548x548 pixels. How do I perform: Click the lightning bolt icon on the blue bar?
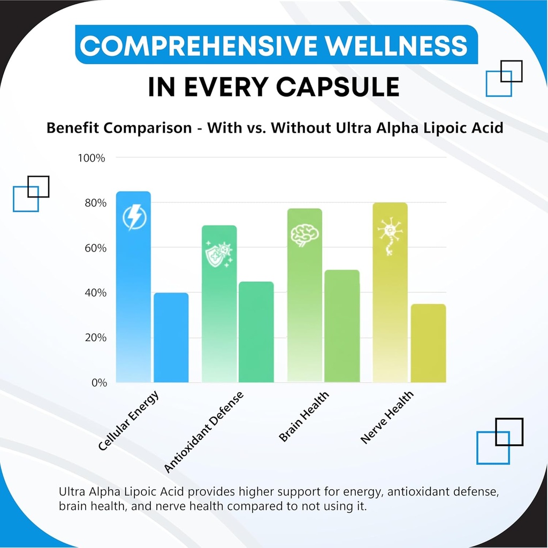pos(133,217)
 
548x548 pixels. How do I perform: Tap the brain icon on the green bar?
pos(305,235)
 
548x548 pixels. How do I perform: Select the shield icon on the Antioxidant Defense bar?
pos(218,254)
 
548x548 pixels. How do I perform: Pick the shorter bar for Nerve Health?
pos(428,343)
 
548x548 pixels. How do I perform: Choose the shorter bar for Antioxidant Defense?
pos(256,332)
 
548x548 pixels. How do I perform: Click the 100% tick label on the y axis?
pos(92,158)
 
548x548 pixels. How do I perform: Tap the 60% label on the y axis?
pos(94,248)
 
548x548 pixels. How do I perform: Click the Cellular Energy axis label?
pos(128,421)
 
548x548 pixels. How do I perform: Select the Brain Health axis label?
pos(303,417)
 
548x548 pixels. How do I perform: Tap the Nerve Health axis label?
pos(386,418)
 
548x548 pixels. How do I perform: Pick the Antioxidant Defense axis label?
pos(204,432)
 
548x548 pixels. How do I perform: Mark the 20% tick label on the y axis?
pos(94,338)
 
